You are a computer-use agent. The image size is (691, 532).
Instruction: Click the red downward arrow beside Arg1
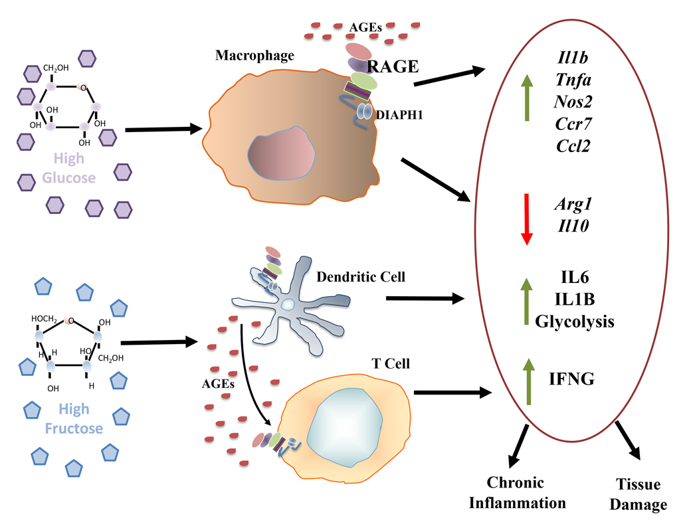click(526, 219)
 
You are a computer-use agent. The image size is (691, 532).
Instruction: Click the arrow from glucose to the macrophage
click(163, 130)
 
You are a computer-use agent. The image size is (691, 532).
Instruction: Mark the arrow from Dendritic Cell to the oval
click(425, 299)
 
